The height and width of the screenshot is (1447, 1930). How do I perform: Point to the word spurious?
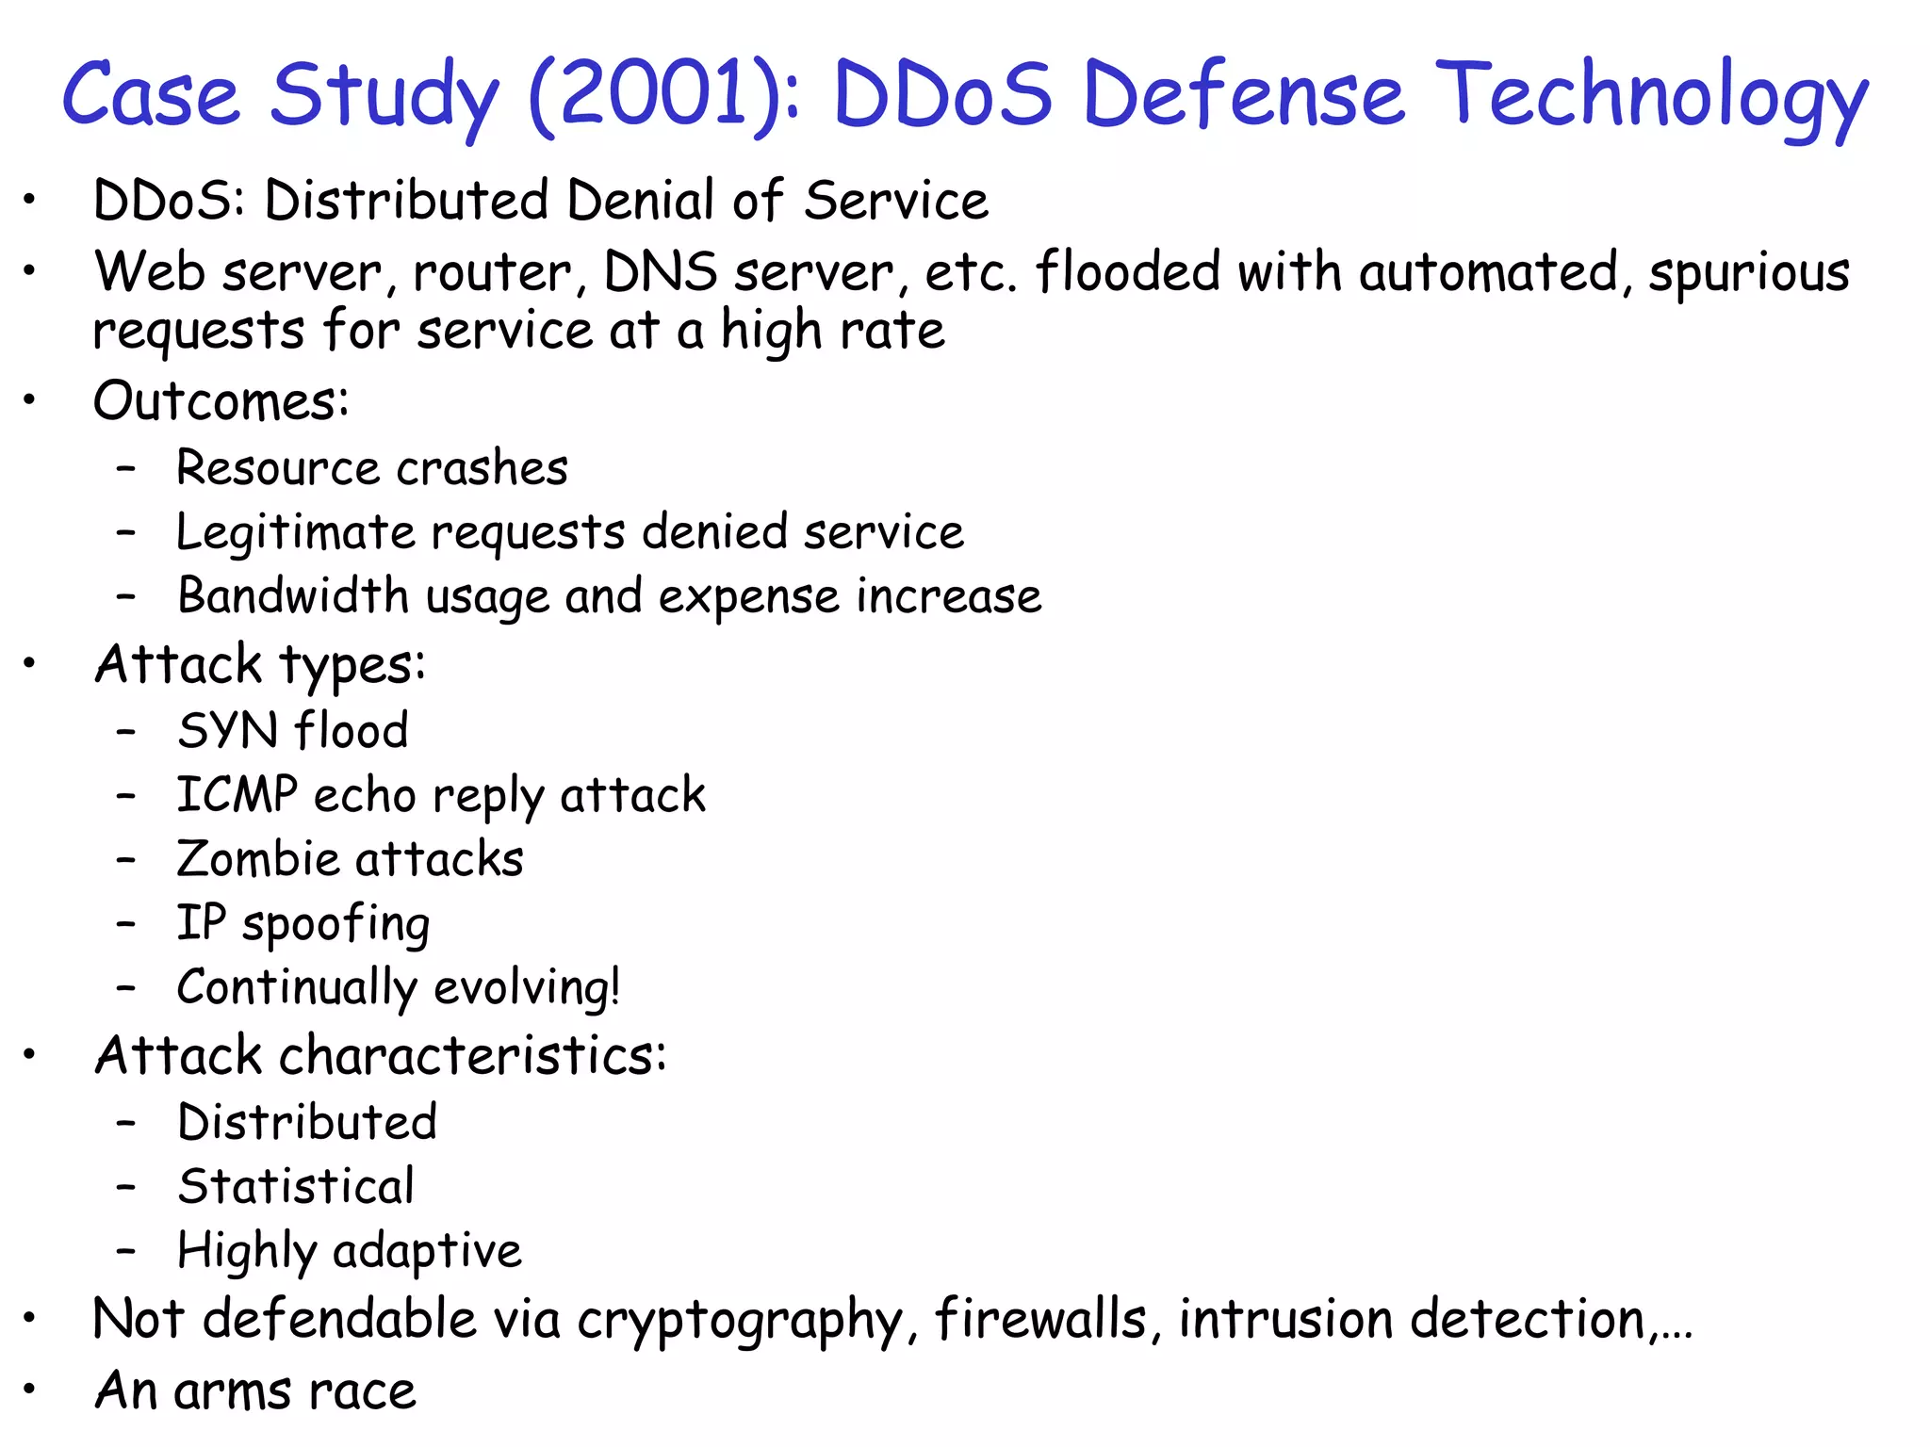(1749, 273)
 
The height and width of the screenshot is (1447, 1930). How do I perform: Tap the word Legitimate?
(296, 532)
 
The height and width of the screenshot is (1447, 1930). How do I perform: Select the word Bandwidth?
(292, 596)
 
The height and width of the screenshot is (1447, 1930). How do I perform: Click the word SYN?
(227, 731)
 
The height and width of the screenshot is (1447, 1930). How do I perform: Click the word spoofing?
(335, 924)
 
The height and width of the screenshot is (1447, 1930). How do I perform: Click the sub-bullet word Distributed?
(307, 1122)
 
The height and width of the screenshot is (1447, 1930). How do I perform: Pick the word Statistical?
(296, 1186)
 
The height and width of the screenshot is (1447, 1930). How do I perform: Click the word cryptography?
(741, 1319)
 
